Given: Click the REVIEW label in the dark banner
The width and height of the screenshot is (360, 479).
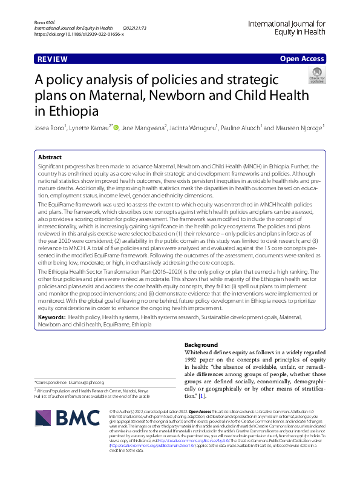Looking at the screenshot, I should tap(51, 59).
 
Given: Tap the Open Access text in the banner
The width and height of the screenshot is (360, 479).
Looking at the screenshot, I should tap(301, 59).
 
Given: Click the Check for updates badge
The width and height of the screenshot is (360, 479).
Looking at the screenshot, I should tap(316, 77).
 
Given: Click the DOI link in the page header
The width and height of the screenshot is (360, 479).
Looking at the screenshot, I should tap(79, 35).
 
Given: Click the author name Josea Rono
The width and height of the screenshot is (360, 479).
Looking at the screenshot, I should tap(53, 128).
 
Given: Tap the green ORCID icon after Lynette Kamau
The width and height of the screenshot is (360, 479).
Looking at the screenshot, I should tap(116, 128).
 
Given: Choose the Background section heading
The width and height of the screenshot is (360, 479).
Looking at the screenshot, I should tap(200, 345).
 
